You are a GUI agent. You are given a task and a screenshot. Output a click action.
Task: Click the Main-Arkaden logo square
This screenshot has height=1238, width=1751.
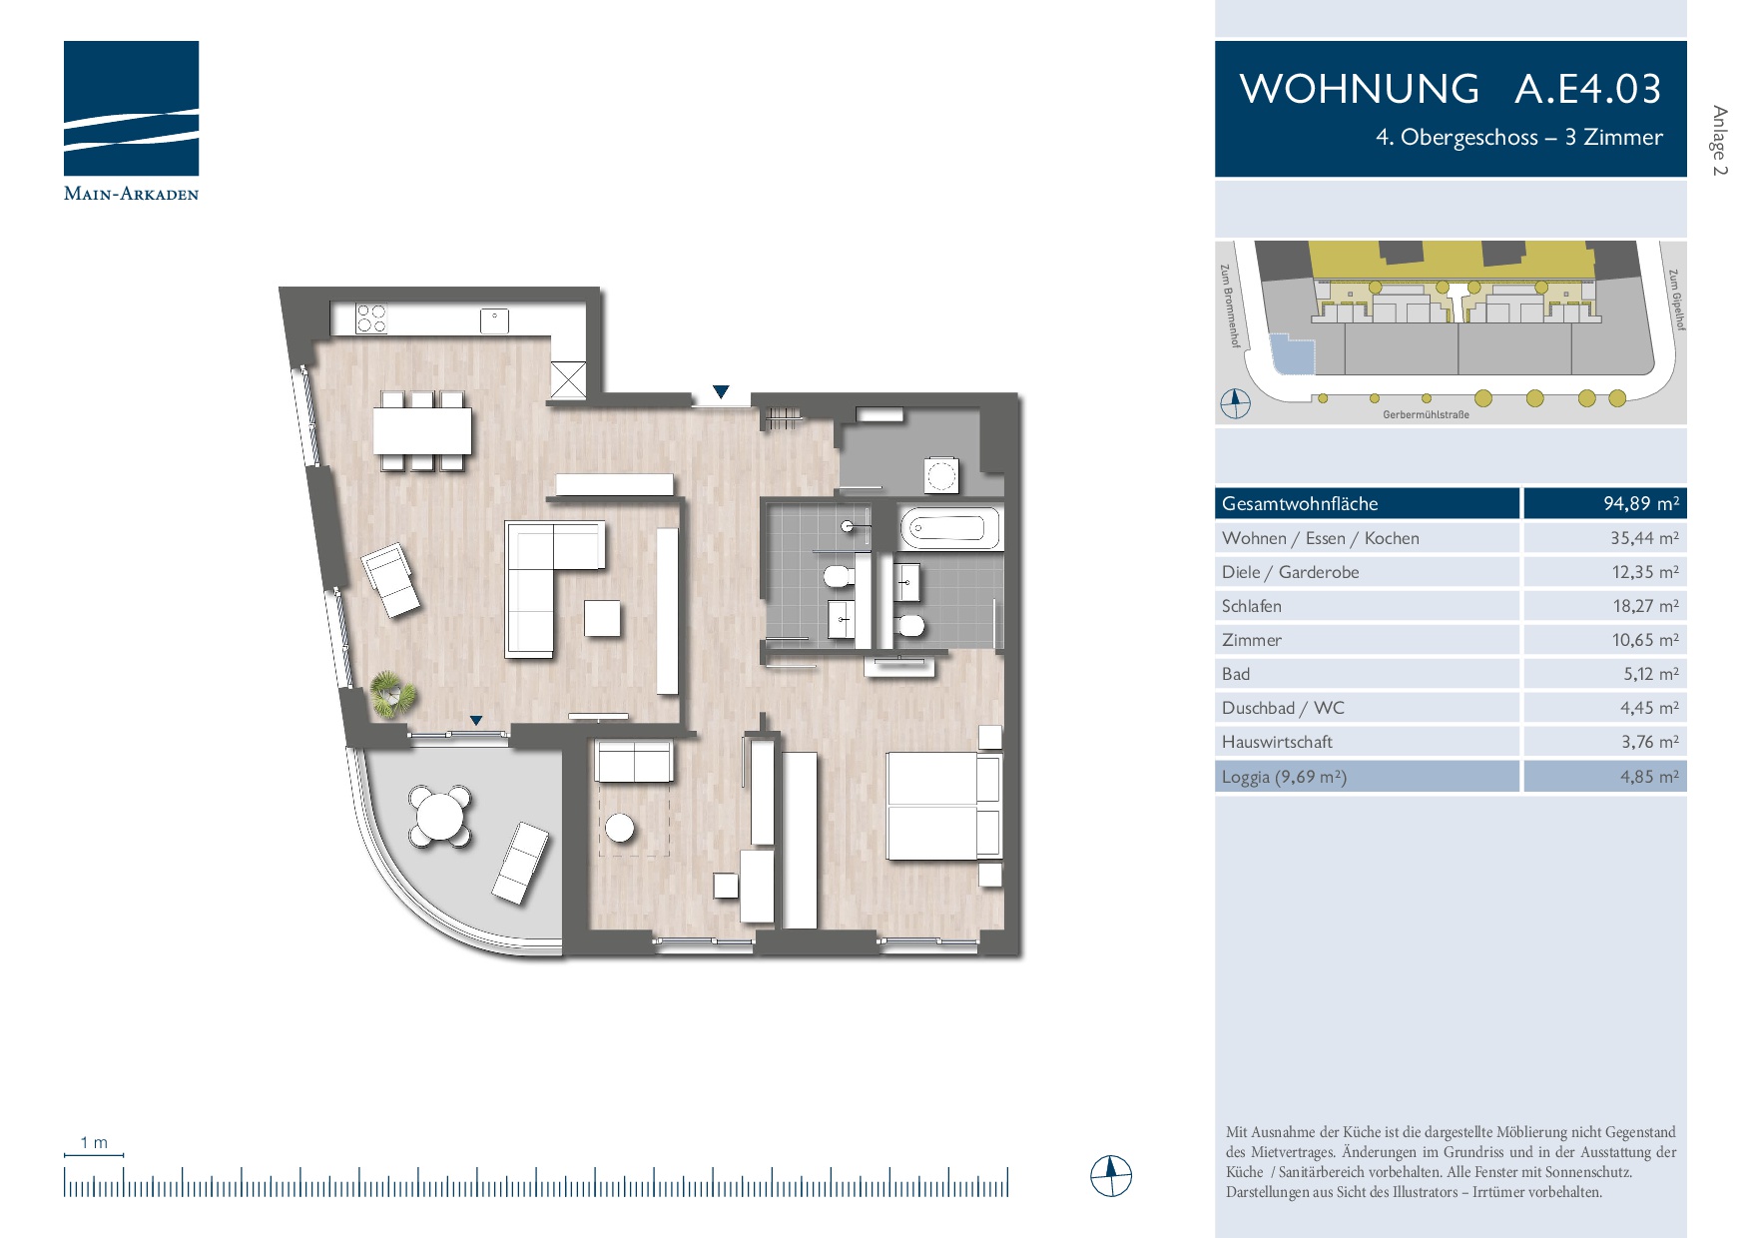[x=131, y=108]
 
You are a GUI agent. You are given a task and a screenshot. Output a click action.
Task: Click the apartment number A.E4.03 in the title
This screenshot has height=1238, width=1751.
[x=1587, y=89]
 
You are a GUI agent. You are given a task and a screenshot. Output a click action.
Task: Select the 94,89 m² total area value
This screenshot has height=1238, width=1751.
[x=1641, y=503]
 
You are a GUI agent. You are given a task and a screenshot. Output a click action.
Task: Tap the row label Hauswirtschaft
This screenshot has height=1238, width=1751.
[x=1277, y=742]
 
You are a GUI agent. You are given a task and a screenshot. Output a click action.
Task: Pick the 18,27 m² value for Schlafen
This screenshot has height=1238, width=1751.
[x=1645, y=606]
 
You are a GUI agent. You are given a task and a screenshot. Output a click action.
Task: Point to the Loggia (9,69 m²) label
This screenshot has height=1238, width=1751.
[x=1284, y=777]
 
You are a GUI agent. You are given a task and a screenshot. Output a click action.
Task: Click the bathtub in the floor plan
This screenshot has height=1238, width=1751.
[x=950, y=528]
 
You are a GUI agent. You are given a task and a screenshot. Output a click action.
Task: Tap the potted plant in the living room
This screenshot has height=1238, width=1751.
[x=390, y=693]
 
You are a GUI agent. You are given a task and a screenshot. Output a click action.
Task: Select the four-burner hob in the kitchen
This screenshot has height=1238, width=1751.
[x=371, y=318]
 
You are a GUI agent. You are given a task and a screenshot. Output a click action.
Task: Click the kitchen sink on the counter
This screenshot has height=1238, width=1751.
[x=494, y=320]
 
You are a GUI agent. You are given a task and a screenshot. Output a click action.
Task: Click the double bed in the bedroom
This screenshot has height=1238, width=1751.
[x=943, y=806]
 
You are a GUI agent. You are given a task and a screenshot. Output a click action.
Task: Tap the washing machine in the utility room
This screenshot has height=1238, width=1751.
[x=940, y=475]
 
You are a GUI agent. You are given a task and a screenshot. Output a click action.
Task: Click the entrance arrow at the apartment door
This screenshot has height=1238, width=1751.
[x=721, y=392]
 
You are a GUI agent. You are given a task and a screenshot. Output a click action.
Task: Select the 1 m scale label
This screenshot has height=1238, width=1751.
[x=94, y=1142]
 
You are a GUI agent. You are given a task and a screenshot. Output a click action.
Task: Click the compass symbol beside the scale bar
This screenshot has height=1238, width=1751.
[x=1111, y=1176]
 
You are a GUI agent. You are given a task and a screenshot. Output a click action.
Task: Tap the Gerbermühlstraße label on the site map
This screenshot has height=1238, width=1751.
[x=1426, y=414]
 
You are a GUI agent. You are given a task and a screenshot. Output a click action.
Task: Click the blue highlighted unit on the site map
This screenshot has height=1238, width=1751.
[x=1292, y=353]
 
